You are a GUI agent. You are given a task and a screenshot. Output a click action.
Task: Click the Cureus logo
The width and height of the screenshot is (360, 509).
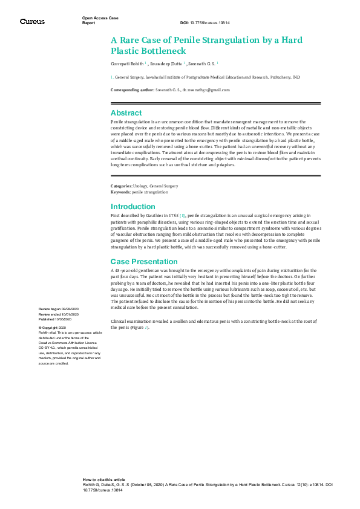pos(31,22)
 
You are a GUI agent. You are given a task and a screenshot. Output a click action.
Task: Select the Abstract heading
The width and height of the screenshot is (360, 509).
pos(126,113)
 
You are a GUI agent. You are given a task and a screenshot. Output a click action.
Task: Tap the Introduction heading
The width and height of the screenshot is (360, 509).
pos(133,207)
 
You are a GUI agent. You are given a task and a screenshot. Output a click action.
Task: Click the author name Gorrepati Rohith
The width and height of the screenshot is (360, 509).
pos(127,63)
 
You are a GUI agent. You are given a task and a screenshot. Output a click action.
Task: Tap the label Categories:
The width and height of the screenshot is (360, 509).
pos(120,186)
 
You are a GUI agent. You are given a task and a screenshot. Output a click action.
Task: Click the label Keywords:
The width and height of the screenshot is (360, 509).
pos(120,192)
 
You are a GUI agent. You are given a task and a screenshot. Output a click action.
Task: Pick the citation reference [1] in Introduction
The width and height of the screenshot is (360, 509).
pos(182,215)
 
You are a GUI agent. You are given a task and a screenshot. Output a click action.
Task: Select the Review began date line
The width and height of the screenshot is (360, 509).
pos(59,308)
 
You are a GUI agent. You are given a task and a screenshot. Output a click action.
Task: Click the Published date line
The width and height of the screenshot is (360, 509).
pos(58,319)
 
